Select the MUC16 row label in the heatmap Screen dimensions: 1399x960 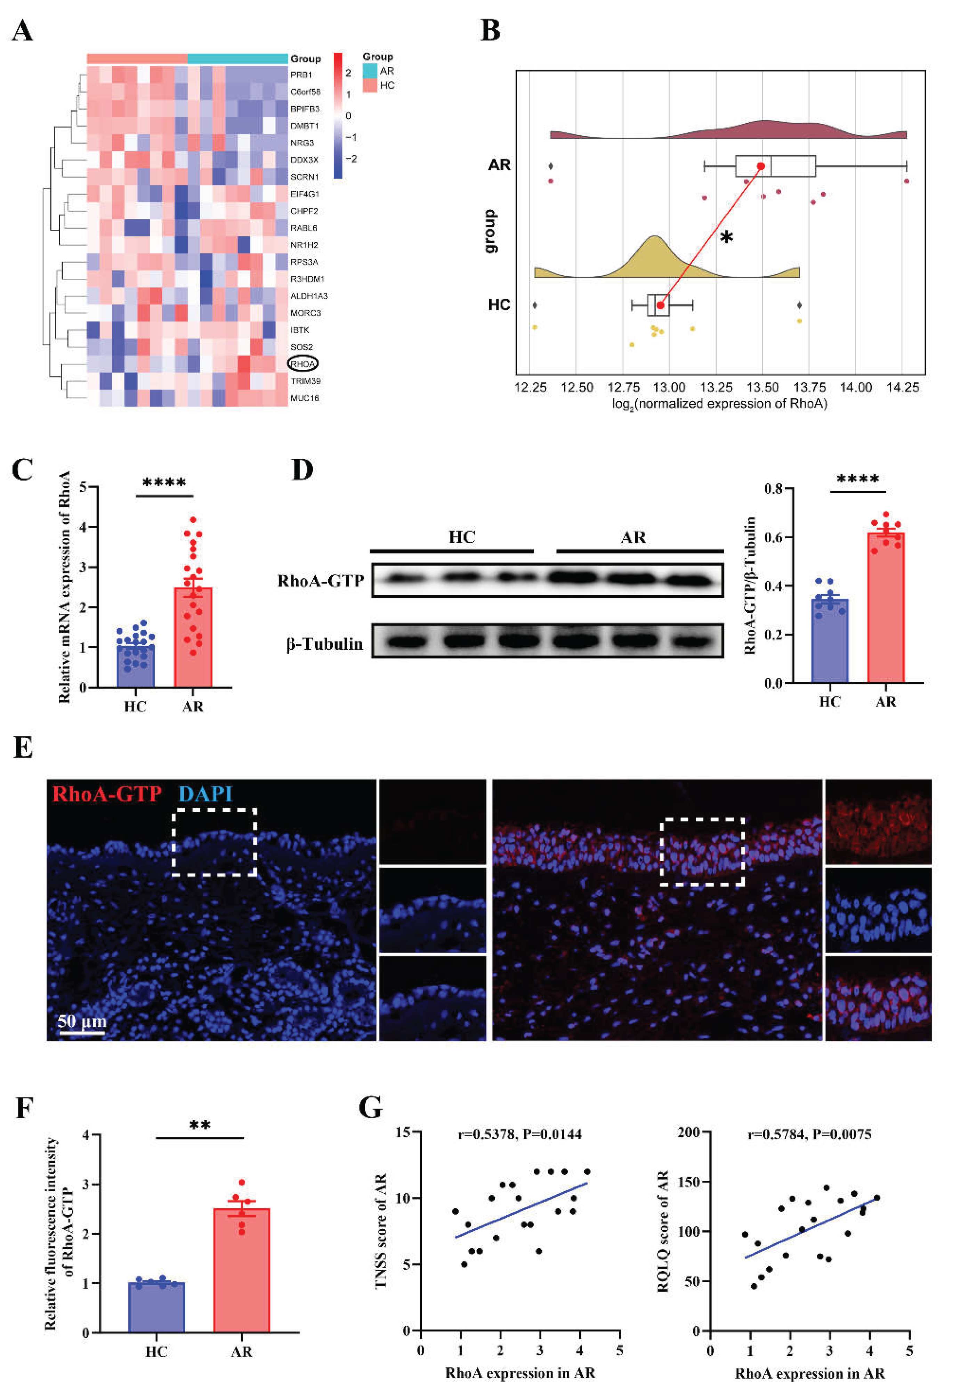tap(304, 398)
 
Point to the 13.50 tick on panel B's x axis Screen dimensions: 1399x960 tap(763, 387)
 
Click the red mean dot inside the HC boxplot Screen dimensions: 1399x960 tap(661, 305)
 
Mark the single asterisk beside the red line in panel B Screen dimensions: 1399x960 tap(727, 238)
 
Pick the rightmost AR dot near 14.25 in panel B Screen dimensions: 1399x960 tap(906, 181)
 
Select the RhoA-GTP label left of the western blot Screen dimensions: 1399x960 tap(320, 581)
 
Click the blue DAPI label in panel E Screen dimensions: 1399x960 tap(205, 793)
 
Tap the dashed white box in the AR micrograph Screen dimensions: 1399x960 tap(702, 851)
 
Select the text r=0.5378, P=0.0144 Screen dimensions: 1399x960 tap(520, 1135)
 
